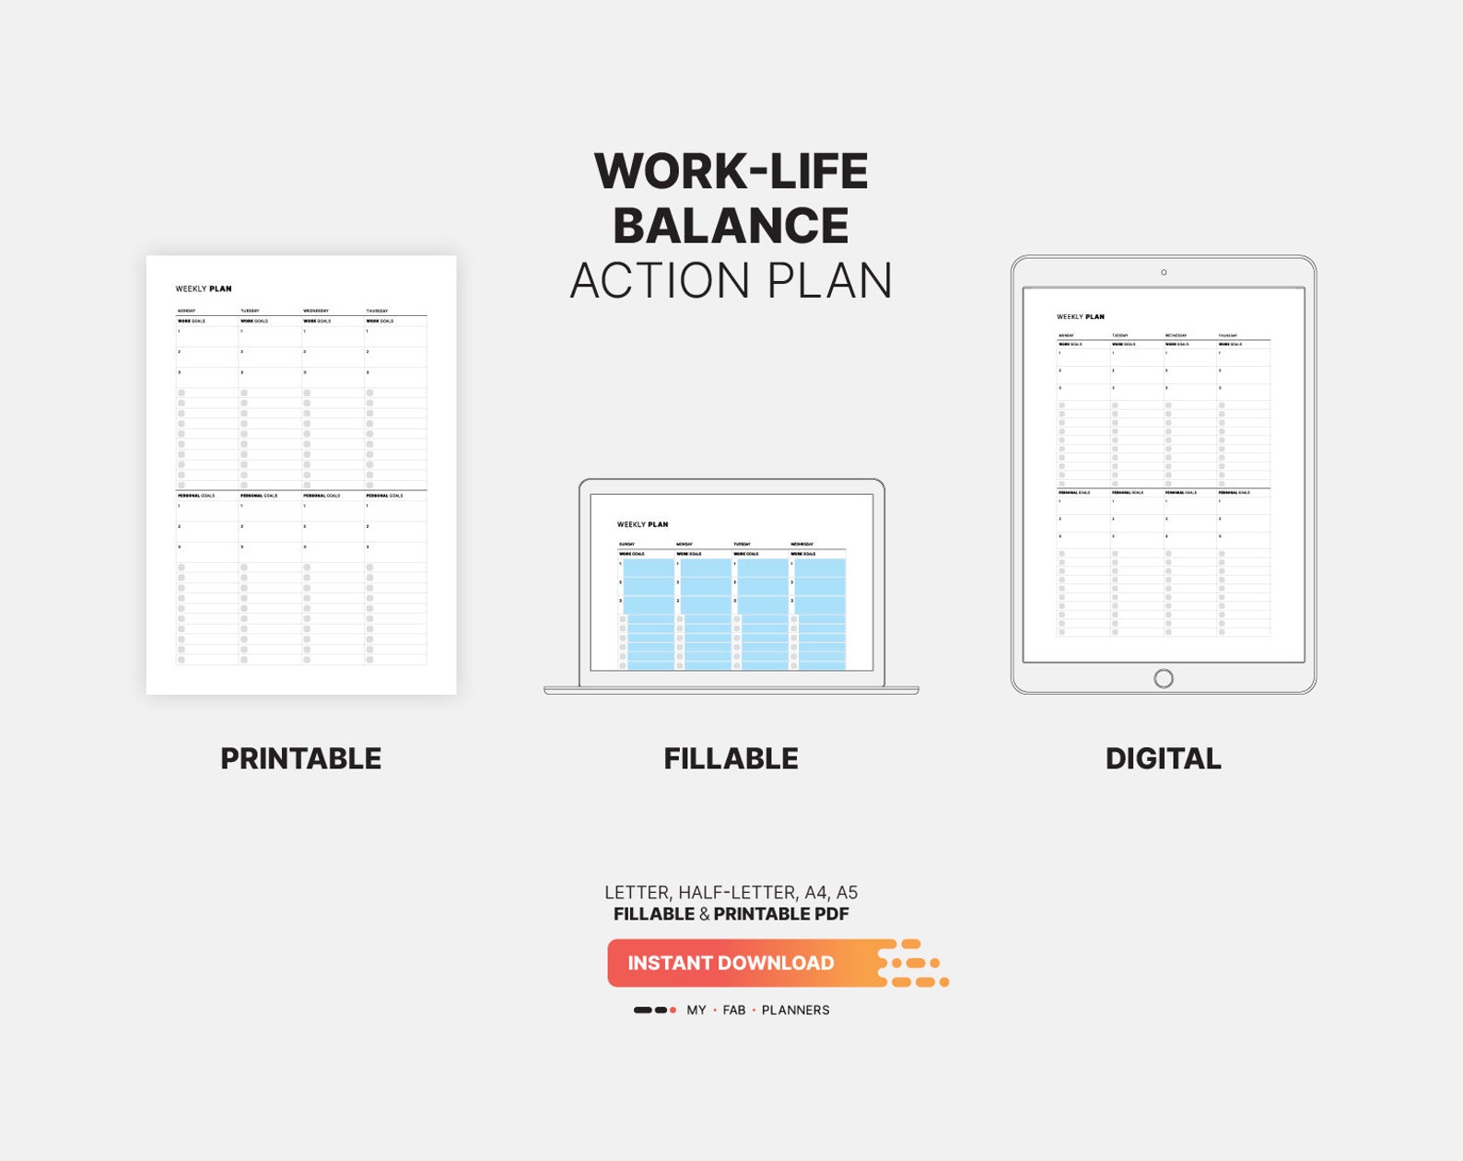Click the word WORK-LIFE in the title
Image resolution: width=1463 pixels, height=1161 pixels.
731,171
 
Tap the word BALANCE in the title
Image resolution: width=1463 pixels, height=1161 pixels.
731,226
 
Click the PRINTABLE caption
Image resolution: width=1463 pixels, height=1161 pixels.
300,758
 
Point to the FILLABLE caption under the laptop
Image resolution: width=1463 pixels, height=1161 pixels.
731,758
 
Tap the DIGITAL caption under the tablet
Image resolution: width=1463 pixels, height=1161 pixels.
1163,758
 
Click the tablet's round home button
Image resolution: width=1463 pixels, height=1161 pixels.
1164,679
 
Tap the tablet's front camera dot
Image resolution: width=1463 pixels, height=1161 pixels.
1164,273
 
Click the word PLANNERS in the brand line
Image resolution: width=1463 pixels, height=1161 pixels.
795,1011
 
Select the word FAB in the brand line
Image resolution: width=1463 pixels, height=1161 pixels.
734,1011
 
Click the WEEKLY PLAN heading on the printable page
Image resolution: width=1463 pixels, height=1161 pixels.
204,289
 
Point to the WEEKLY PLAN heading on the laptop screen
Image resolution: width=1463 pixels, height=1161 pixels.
642,525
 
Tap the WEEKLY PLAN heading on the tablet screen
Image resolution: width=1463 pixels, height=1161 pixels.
1080,317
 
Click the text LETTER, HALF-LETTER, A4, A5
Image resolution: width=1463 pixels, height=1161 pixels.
731,893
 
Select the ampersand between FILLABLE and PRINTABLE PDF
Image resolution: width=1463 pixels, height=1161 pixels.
704,915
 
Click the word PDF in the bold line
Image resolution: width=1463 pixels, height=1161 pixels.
831,915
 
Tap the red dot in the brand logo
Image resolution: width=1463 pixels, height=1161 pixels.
673,1011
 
